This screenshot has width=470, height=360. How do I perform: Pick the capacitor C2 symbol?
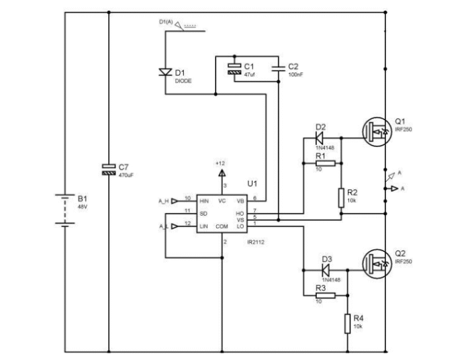(x=278, y=68)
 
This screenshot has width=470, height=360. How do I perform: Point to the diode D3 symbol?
(x=327, y=269)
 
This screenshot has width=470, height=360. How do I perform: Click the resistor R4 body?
(x=348, y=323)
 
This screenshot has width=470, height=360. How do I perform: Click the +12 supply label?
(x=220, y=163)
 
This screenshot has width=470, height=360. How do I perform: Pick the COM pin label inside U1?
(x=222, y=227)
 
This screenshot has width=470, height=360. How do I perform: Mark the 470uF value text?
(x=127, y=175)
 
